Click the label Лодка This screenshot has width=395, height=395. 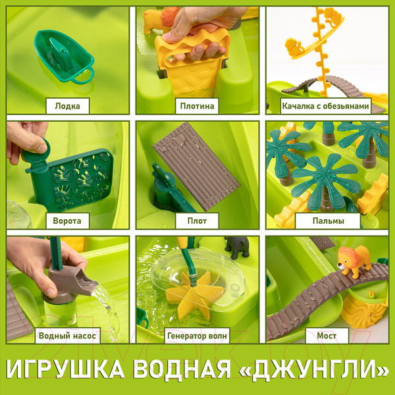(68, 106)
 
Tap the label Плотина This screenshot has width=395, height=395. (197, 106)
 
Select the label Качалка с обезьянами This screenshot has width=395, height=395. (325, 106)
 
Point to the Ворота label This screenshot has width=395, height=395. (67, 221)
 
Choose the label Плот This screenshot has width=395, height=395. (197, 221)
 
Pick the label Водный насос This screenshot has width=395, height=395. (67, 336)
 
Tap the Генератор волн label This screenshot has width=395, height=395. (197, 336)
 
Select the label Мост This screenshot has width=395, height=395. (327, 336)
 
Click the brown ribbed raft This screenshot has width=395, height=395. (196, 167)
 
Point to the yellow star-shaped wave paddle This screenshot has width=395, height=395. (194, 292)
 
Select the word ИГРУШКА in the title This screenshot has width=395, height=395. (65, 369)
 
